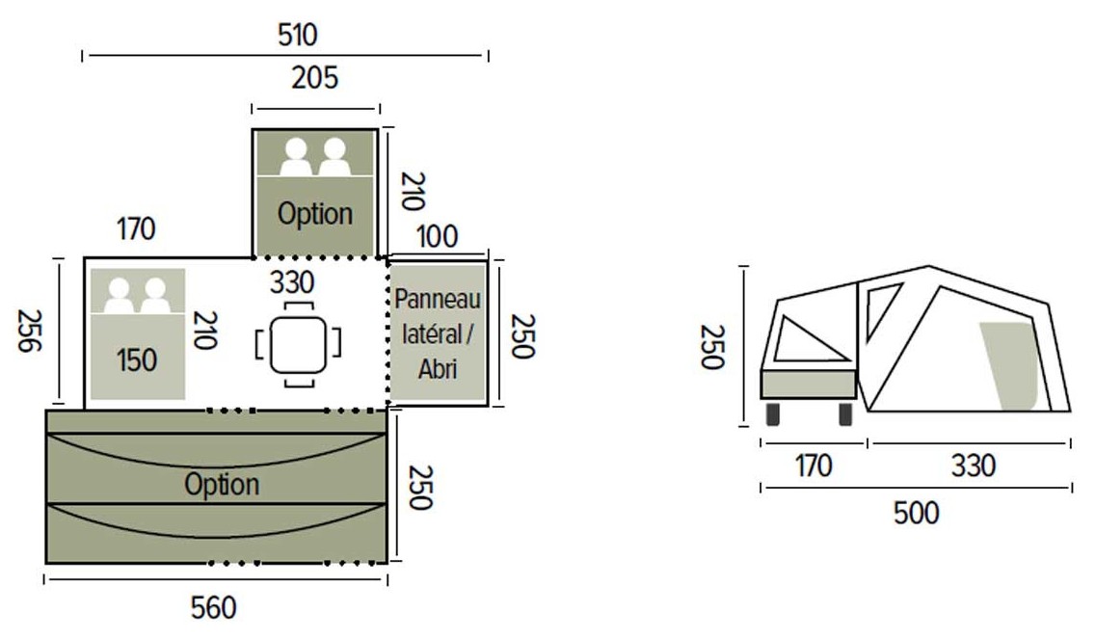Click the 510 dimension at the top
point(298,35)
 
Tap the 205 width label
point(315,77)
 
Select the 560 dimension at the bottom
point(214,607)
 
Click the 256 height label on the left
point(29,331)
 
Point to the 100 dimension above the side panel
point(438,237)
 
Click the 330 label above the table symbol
point(292,282)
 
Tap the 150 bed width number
point(136,360)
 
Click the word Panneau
point(438,299)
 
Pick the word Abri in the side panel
point(438,369)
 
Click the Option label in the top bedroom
point(315,214)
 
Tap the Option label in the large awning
point(222,485)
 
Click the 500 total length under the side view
point(917,514)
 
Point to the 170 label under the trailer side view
point(814,466)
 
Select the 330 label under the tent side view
point(973,466)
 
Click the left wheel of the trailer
point(773,413)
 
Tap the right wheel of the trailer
point(845,413)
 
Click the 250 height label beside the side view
point(713,346)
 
